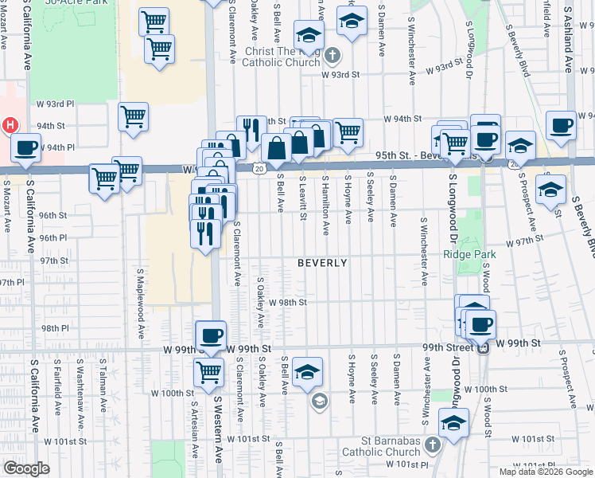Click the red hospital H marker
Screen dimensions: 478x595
10,126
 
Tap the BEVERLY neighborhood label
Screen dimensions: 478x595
322,263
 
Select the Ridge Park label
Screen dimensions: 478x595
469,254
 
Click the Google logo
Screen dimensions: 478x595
26,468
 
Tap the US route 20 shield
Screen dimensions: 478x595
260,168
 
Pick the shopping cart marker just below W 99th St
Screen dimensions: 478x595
208,370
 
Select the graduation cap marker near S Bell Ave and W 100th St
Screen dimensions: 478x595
307,372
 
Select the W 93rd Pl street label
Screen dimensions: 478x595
55,104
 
